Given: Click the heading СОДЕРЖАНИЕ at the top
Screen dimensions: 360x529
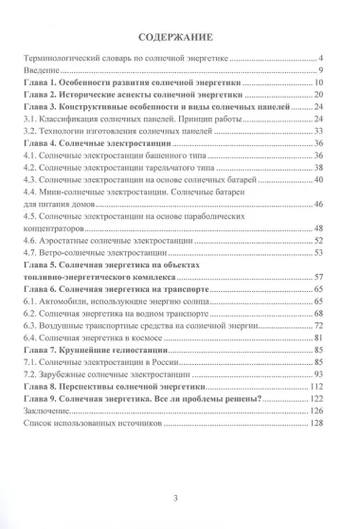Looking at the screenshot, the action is [180, 40].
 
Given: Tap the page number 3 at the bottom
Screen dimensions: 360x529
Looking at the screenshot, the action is [180, 502].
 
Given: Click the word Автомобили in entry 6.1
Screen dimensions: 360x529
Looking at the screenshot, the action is [64, 301].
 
